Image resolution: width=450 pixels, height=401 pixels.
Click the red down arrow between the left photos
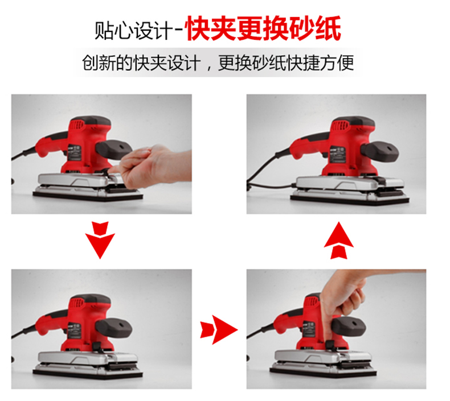click(100, 240)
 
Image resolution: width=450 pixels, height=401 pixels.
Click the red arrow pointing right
click(219, 330)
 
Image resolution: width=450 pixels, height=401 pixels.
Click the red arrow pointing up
click(339, 240)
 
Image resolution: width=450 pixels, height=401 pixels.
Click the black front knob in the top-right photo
click(379, 152)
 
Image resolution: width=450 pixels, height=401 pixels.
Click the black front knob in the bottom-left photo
click(114, 329)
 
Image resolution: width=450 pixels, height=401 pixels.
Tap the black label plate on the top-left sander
click(75, 154)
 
